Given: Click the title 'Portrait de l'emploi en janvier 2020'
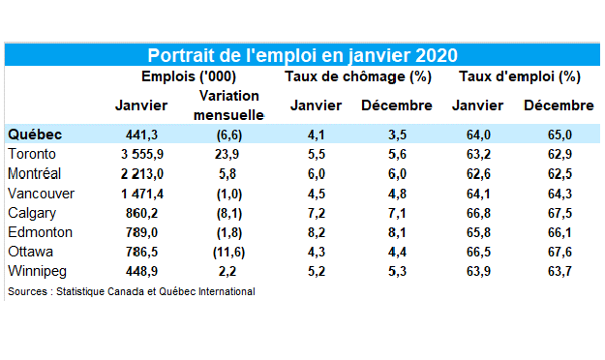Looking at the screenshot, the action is (302, 55).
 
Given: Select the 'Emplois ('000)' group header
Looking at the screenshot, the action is (189, 76).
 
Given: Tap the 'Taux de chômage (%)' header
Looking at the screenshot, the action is (358, 76).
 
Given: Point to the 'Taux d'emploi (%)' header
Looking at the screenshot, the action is (520, 76).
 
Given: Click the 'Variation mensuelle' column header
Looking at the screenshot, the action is (228, 105).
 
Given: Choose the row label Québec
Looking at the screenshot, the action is (35, 135).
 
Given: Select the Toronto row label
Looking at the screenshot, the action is (32, 154).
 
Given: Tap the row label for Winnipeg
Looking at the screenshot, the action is (37, 271).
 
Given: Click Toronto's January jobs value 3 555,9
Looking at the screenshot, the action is (142, 154).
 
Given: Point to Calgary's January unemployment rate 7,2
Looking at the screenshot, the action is (316, 213).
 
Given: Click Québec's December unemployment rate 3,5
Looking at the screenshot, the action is (397, 135).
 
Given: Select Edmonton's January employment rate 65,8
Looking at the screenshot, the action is (478, 232).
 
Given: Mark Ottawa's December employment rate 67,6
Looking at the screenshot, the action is (560, 252).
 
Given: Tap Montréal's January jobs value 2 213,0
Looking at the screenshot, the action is (142, 174).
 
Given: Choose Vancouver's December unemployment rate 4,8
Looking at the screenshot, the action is (397, 194).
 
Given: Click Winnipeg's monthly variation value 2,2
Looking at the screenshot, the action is (227, 271).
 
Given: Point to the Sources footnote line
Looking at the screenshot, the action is (132, 291).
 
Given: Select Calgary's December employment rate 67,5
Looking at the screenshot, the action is (560, 213).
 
